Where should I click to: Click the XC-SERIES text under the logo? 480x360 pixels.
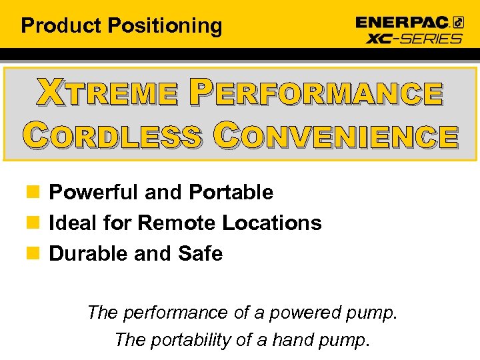tap(414, 38)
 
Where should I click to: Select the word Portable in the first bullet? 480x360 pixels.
tap(231, 193)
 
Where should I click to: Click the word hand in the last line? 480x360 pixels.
tap(286, 340)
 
